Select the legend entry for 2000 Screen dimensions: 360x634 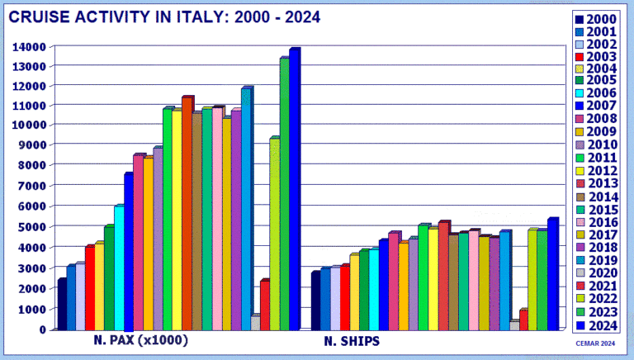tap(599, 20)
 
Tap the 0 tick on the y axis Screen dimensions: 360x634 tap(41, 329)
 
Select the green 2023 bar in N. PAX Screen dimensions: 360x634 tap(283, 194)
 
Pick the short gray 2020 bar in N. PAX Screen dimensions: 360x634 tap(254, 323)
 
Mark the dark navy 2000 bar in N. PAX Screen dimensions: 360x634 tap(61, 305)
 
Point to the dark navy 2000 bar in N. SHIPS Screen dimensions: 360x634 tap(315, 301)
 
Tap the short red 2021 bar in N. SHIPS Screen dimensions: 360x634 tap(523, 320)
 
